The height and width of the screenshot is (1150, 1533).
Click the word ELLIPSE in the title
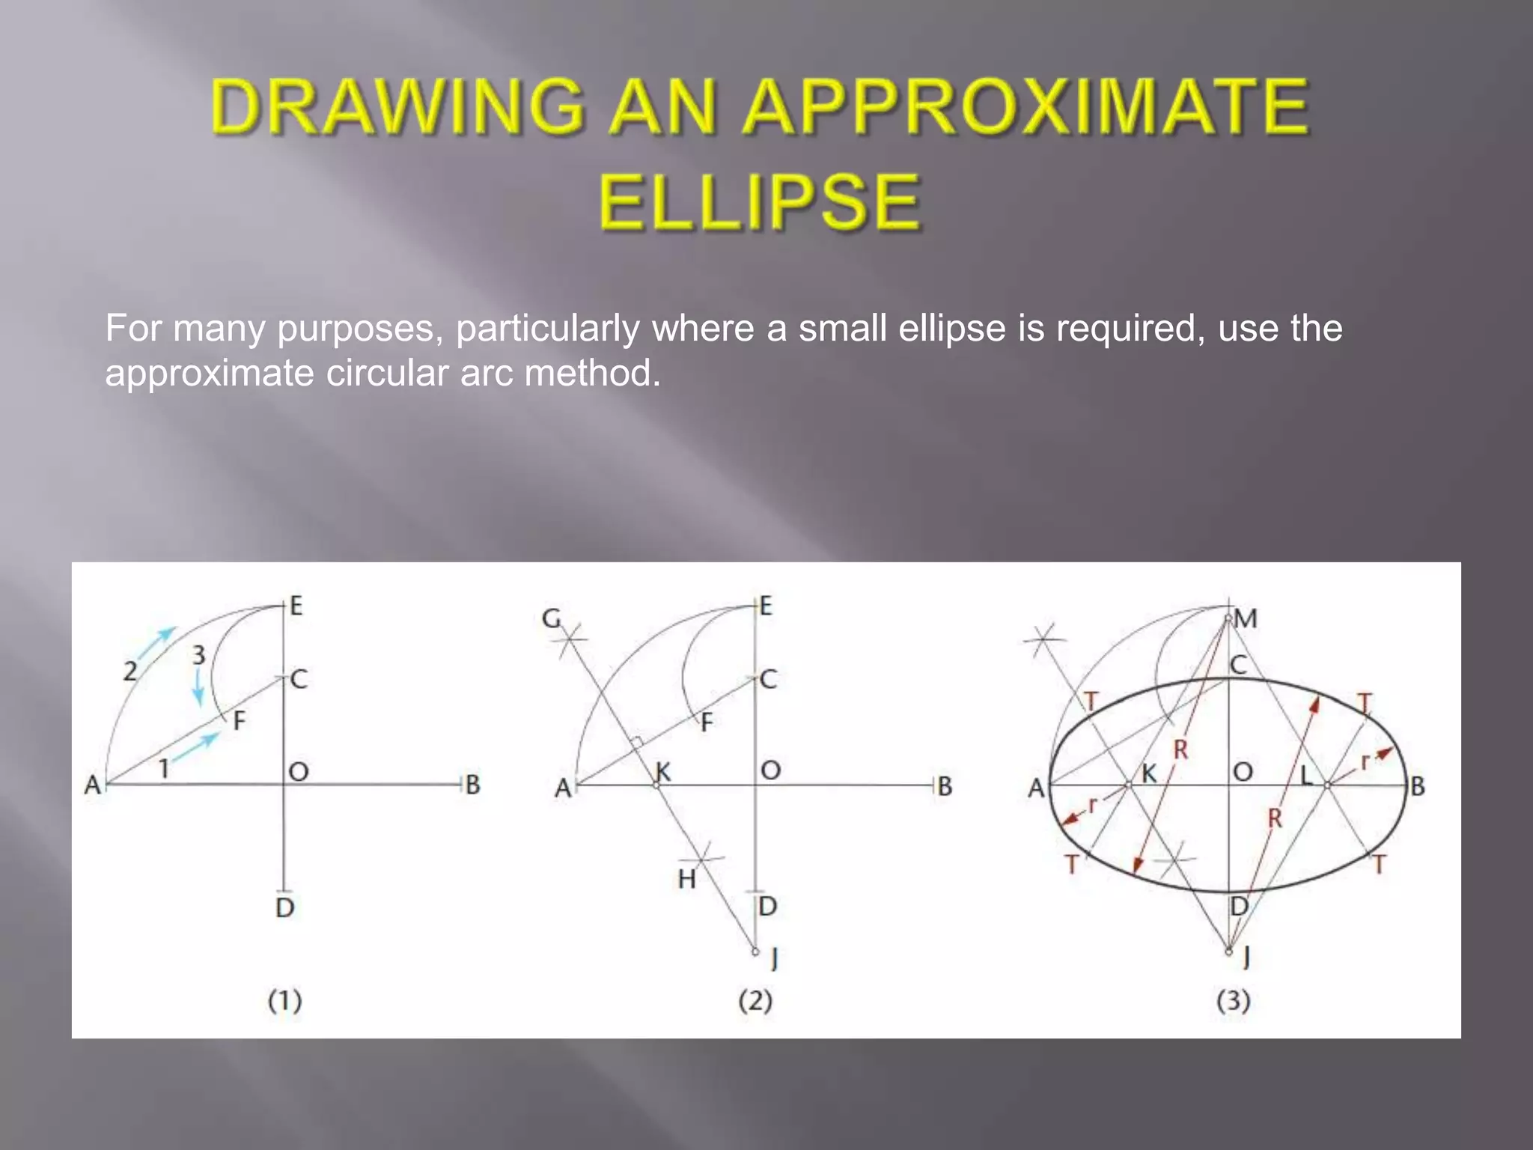click(x=759, y=201)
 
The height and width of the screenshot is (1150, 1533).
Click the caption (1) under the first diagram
click(x=285, y=1000)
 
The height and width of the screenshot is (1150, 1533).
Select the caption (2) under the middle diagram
click(x=755, y=1000)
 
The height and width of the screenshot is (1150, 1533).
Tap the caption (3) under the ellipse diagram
click(x=1234, y=1000)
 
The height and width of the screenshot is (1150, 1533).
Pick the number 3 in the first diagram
click(x=198, y=655)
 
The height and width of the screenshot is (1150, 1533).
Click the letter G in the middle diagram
click(x=551, y=619)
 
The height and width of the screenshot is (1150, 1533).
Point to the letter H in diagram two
click(x=687, y=879)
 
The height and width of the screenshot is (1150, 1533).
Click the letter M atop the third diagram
click(x=1246, y=619)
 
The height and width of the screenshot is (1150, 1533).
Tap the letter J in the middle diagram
click(x=775, y=958)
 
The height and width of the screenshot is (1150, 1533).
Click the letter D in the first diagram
click(x=285, y=908)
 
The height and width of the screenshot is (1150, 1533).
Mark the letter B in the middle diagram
click(x=945, y=786)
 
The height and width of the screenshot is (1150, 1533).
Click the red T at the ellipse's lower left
click(x=1072, y=865)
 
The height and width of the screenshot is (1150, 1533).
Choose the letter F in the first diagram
click(x=240, y=721)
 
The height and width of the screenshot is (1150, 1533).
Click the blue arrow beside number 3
click(x=198, y=687)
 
